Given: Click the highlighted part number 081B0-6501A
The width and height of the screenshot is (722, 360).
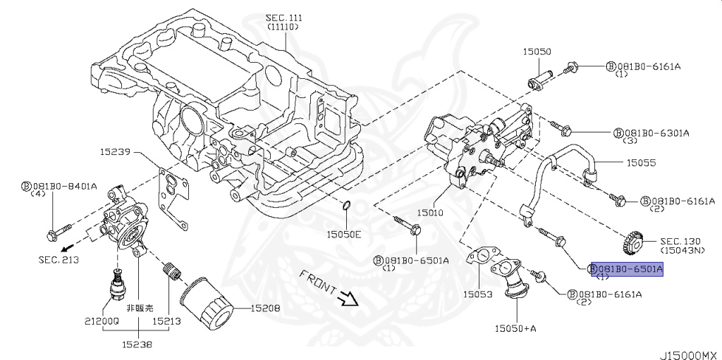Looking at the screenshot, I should pyautogui.click(x=627, y=268).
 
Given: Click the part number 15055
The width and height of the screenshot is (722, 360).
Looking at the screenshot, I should pyautogui.click(x=641, y=162).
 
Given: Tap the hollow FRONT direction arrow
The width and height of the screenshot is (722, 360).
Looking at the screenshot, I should pyautogui.click(x=347, y=299).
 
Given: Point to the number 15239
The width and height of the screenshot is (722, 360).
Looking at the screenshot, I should pyautogui.click(x=115, y=151).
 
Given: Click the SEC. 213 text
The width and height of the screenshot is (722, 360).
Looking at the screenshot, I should pyautogui.click(x=58, y=260).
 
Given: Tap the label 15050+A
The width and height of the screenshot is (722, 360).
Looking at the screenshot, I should pyautogui.click(x=515, y=328).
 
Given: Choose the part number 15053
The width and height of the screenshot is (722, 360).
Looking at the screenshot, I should pyautogui.click(x=477, y=294).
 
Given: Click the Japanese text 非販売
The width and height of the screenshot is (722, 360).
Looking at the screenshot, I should pyautogui.click(x=139, y=308).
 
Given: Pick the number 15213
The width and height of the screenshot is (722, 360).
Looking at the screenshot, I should pyautogui.click(x=167, y=319).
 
